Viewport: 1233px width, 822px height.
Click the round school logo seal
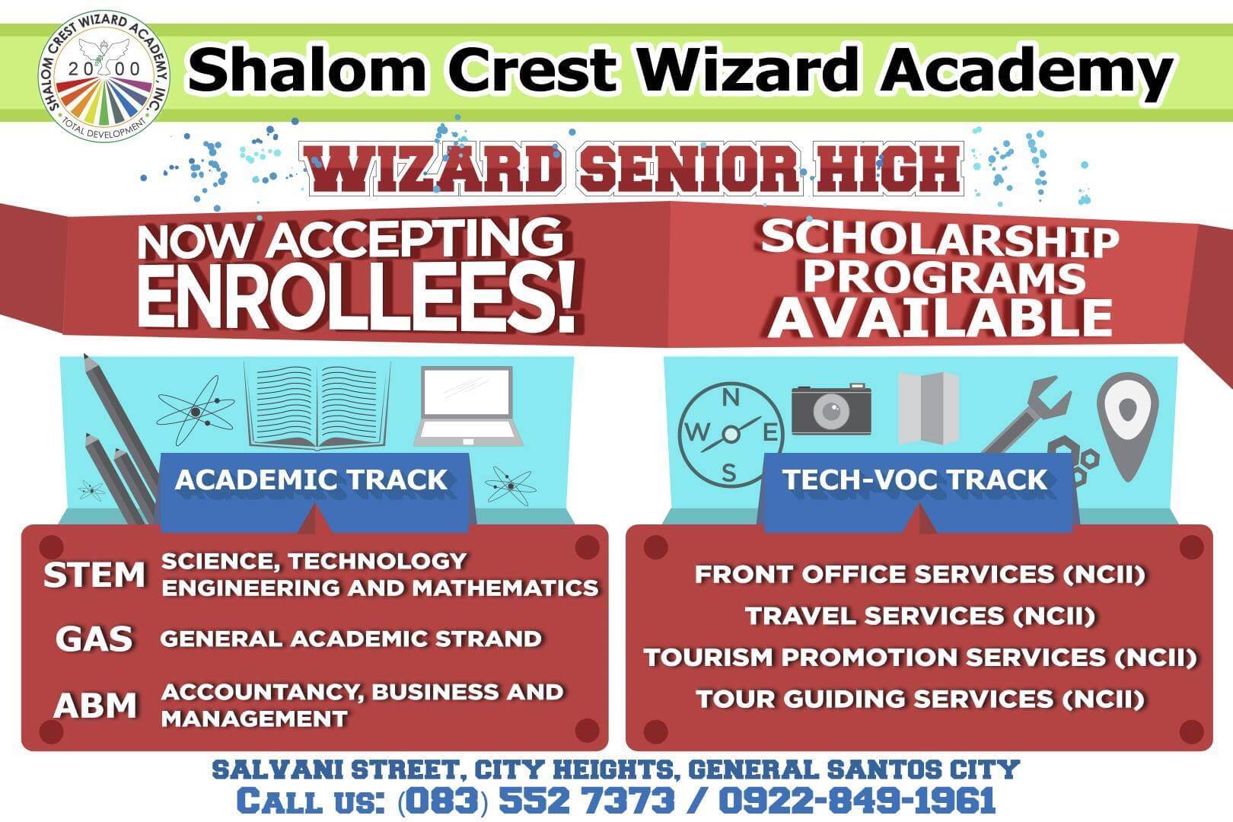coord(104,77)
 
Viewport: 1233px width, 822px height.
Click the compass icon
coord(729,433)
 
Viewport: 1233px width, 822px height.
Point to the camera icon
coord(831,409)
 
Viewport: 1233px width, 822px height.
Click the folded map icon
coord(928,408)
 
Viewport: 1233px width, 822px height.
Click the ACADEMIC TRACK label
coord(311,480)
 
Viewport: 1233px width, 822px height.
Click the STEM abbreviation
coord(94,575)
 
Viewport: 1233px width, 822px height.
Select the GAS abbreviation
coord(94,639)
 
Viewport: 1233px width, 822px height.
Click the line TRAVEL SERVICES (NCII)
coord(919,616)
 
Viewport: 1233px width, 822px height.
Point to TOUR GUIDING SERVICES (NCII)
coord(919,699)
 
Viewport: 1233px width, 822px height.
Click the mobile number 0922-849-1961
coord(857,801)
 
